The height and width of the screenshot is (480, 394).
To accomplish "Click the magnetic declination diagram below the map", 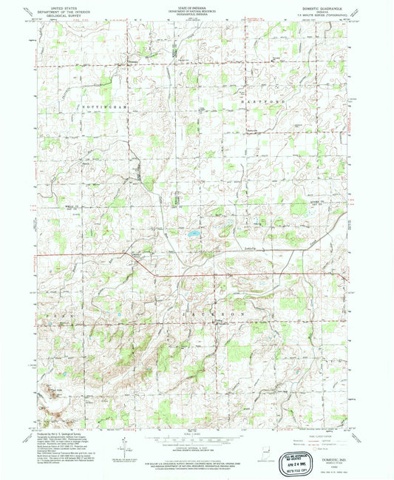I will click(127, 447).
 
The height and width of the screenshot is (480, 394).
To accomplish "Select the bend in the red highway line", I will click(153, 274).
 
